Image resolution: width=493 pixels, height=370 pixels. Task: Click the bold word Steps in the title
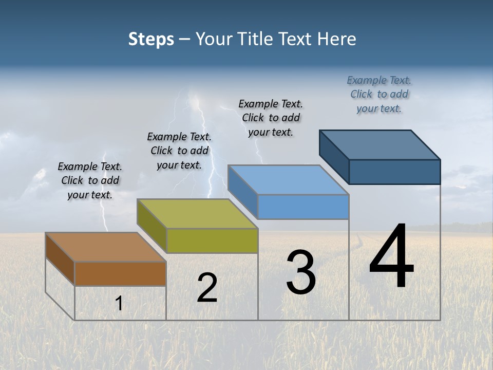(x=151, y=39)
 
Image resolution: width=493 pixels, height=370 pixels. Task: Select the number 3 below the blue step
(x=301, y=272)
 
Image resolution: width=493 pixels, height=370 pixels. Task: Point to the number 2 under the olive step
(x=207, y=288)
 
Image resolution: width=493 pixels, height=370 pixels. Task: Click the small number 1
(x=119, y=303)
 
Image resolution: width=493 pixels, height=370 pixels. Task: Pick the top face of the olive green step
(x=198, y=213)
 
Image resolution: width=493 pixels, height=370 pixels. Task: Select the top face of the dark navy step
(x=380, y=144)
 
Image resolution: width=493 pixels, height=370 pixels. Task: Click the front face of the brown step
(x=120, y=273)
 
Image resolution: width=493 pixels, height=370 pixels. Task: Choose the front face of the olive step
(x=212, y=240)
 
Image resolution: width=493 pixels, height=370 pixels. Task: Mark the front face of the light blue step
(x=303, y=207)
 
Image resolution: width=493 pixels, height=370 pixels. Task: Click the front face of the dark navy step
(x=394, y=172)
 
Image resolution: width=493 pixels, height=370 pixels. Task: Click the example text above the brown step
(x=90, y=180)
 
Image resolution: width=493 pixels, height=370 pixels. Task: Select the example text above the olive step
(x=179, y=151)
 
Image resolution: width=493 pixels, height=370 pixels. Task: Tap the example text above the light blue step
(x=271, y=118)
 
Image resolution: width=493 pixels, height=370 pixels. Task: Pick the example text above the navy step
(x=379, y=94)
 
